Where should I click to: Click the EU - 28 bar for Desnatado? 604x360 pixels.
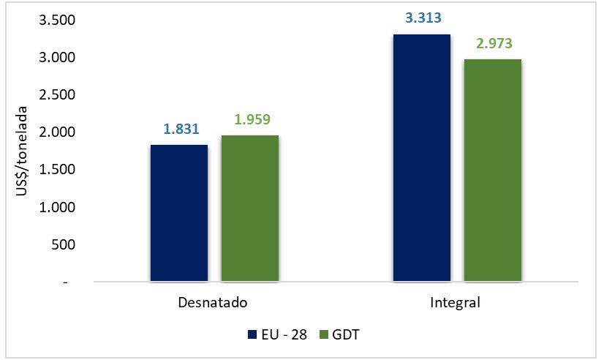pyautogui.click(x=179, y=213)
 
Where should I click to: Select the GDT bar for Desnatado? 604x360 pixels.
pyautogui.click(x=250, y=209)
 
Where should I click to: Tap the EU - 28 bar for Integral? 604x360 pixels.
pyautogui.click(x=421, y=158)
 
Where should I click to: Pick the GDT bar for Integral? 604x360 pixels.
pyautogui.click(x=492, y=170)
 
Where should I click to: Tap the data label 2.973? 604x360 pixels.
pyautogui.click(x=492, y=44)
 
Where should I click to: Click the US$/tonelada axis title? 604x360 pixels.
pyautogui.click(x=23, y=151)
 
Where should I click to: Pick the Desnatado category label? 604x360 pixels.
pyautogui.click(x=213, y=302)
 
